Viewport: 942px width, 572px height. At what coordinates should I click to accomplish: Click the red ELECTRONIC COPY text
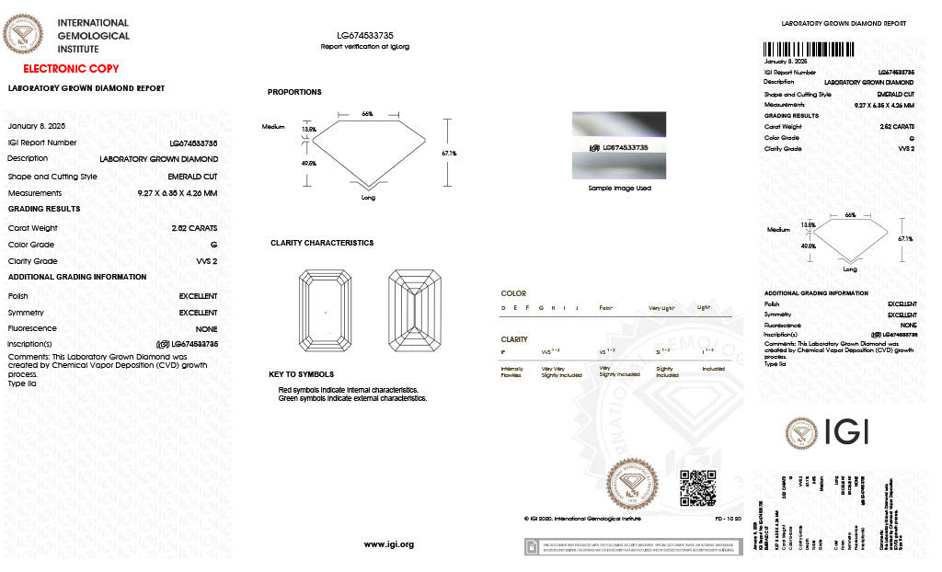[71, 69]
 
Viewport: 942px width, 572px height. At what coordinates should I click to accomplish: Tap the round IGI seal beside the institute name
[24, 36]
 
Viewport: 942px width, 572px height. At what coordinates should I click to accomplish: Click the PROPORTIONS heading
[294, 92]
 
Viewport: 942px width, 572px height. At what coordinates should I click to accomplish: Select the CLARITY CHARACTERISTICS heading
[322, 243]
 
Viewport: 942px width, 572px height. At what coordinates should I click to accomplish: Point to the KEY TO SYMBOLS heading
[301, 374]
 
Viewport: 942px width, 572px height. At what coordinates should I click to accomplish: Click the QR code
[697, 487]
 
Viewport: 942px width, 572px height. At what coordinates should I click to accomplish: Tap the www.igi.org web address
[389, 544]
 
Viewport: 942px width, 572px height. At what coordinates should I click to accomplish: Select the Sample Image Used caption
[619, 188]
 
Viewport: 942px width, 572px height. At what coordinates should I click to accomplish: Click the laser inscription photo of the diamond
[619, 145]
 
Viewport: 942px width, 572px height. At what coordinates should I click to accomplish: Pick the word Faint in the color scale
[606, 307]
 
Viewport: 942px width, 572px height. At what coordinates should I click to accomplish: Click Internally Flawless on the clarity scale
[511, 372]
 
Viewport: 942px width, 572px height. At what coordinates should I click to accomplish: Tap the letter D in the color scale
[503, 307]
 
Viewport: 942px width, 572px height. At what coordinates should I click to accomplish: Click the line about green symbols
[352, 398]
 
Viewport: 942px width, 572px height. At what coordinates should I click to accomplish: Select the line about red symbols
[348, 390]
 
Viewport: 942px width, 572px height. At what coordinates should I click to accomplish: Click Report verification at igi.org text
[365, 46]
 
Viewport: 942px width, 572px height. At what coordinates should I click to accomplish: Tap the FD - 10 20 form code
[729, 519]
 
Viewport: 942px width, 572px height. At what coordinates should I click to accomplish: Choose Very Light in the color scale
[661, 307]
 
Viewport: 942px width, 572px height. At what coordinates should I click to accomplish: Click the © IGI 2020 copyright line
[581, 519]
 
